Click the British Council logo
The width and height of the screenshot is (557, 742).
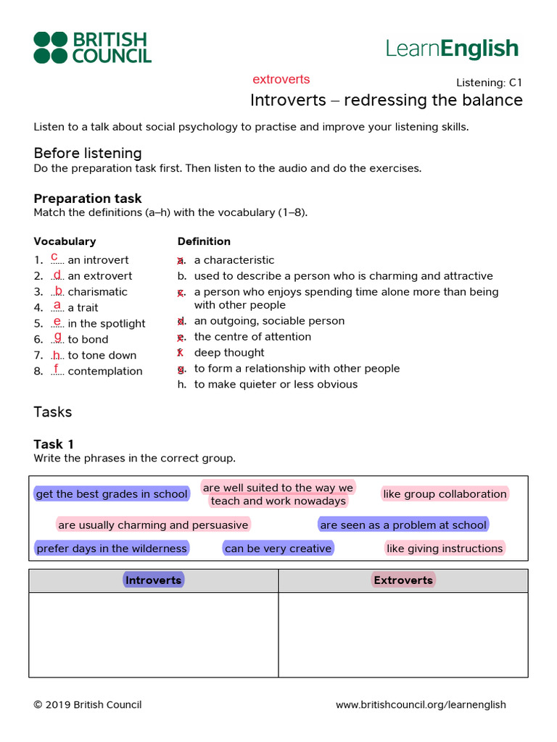pyautogui.click(x=92, y=47)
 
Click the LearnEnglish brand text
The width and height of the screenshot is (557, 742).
pyautogui.click(x=452, y=49)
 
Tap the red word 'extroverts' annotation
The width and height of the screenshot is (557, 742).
pyautogui.click(x=281, y=79)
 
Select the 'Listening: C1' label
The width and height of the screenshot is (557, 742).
pyautogui.click(x=489, y=83)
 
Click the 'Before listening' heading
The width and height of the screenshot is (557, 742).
pyautogui.click(x=88, y=153)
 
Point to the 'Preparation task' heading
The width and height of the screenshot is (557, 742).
pyautogui.click(x=88, y=199)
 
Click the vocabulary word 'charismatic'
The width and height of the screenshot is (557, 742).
pyautogui.click(x=97, y=291)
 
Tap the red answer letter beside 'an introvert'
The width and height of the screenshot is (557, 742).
pyautogui.click(x=55, y=257)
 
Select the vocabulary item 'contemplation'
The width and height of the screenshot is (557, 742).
pyautogui.click(x=104, y=371)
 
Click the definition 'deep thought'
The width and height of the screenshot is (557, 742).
pyautogui.click(x=229, y=352)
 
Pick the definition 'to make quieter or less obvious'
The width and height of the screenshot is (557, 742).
pyautogui.click(x=276, y=384)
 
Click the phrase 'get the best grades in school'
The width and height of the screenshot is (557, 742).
pyautogui.click(x=112, y=494)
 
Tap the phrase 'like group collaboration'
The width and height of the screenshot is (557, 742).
pyautogui.click(x=445, y=494)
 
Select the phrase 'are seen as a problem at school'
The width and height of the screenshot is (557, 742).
pyautogui.click(x=403, y=525)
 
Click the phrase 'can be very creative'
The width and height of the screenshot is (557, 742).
pyautogui.click(x=278, y=549)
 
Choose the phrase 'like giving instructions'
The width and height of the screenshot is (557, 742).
pyautogui.click(x=445, y=549)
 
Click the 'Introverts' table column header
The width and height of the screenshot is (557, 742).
pyautogui.click(x=153, y=580)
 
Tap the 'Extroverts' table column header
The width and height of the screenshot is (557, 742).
pyautogui.click(x=403, y=580)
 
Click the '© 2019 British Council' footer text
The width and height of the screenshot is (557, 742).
pyautogui.click(x=88, y=704)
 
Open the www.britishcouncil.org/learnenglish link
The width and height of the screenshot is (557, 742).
pyautogui.click(x=421, y=704)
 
